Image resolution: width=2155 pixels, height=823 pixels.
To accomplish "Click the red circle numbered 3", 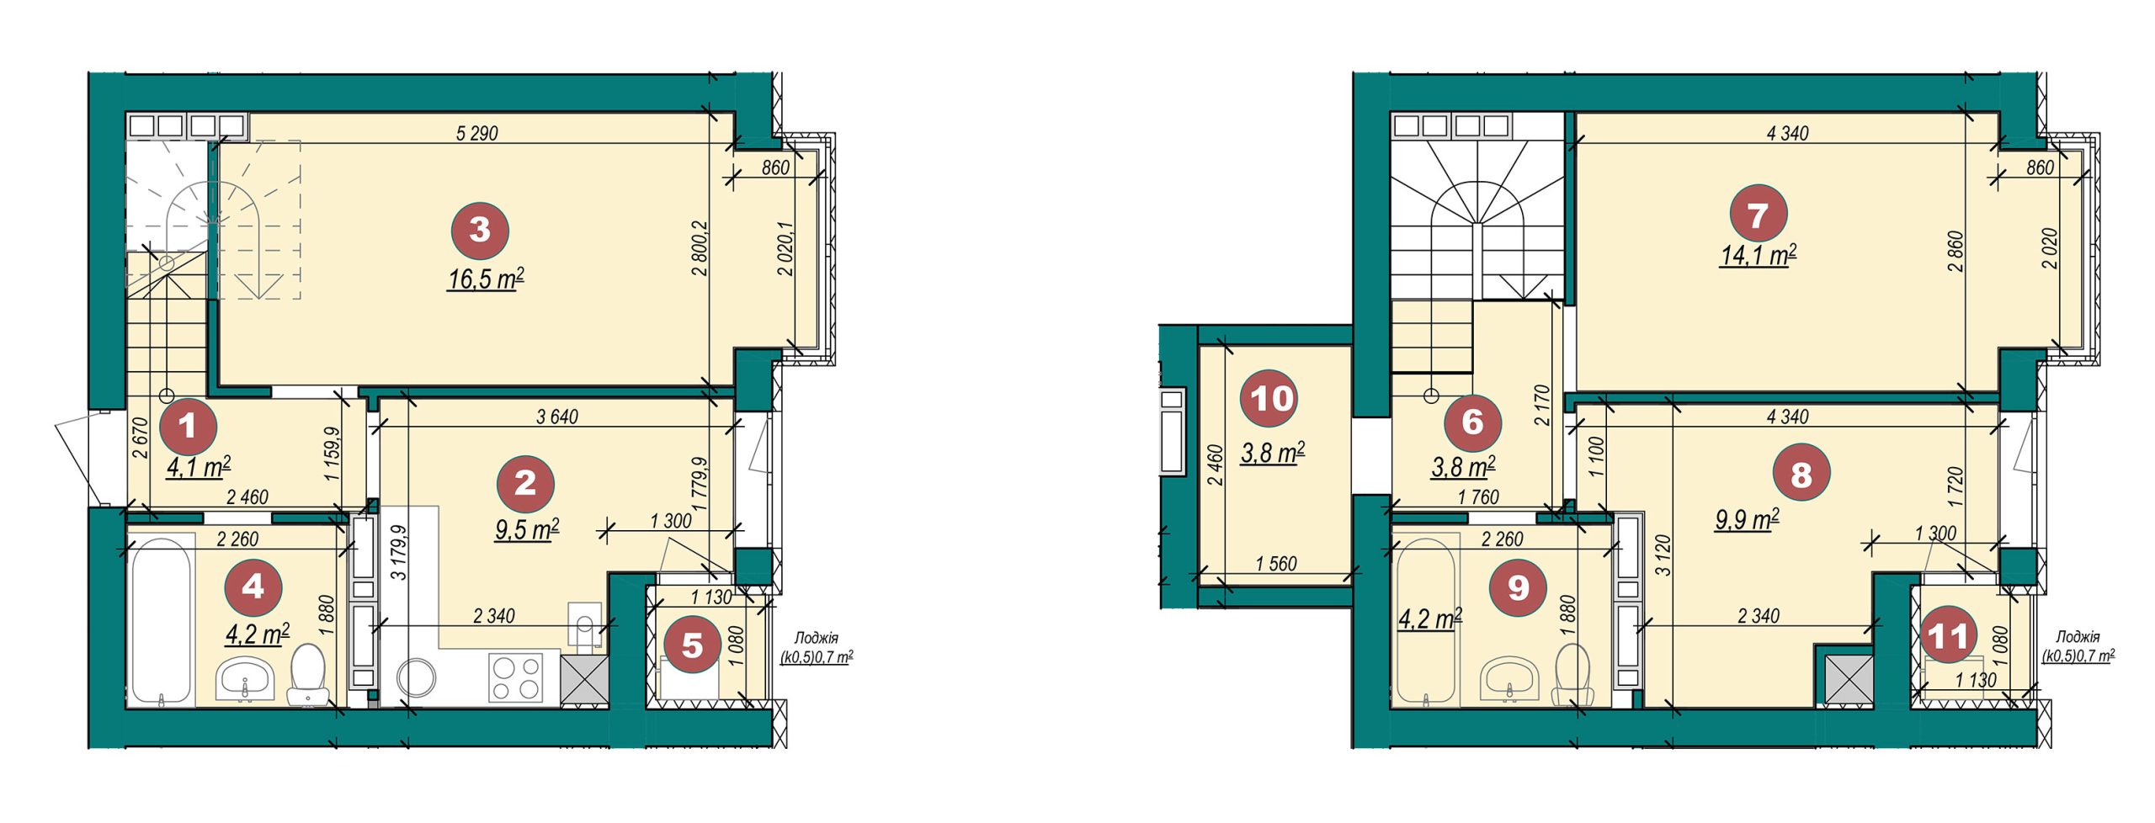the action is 480,230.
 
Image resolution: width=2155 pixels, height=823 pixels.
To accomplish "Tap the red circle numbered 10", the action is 1270,399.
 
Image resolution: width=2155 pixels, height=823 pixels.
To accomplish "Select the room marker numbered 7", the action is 1758,215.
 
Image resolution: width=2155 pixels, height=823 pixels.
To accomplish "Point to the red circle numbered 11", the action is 1948,635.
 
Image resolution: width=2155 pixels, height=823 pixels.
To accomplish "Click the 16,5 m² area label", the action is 486,279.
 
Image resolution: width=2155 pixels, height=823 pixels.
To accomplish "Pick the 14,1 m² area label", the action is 1758,255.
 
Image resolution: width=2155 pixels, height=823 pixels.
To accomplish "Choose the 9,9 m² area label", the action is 1748,519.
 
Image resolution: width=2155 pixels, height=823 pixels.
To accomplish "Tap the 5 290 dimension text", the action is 477,133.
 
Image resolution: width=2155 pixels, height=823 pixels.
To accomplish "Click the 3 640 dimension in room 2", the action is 557,417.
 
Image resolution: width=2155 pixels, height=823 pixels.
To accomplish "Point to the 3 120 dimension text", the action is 1662,555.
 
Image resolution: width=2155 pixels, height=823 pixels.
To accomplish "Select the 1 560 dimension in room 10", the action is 1276,564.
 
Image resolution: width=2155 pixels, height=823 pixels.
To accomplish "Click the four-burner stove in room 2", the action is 517,678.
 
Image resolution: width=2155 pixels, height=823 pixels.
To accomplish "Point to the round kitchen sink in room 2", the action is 417,678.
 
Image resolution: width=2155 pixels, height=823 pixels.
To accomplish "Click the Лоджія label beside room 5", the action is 816,638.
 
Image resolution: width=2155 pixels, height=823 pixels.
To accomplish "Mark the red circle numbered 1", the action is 188,427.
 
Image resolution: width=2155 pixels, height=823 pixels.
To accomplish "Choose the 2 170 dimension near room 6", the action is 1541,406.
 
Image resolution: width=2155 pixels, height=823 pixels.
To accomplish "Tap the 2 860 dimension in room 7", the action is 1955,251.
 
